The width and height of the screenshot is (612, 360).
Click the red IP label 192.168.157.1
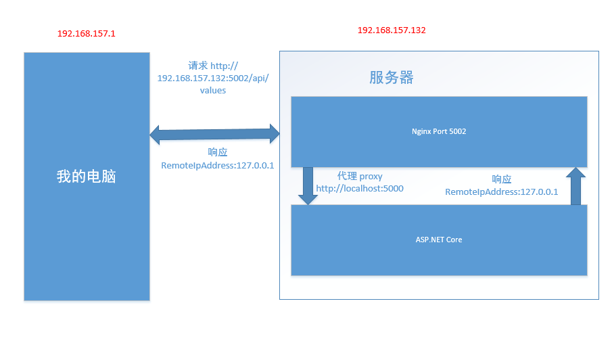point(87,34)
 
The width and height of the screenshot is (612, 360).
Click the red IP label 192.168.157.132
point(392,30)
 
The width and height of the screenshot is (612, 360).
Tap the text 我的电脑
point(87,177)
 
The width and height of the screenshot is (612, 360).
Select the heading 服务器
point(392,77)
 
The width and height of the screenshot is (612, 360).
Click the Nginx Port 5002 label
point(439,131)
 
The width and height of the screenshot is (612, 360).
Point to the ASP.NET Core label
point(439,240)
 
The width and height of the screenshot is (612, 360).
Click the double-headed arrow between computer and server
point(214,134)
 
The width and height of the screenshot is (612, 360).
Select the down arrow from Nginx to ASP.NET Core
point(308,186)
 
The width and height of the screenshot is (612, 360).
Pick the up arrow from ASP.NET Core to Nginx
point(575,186)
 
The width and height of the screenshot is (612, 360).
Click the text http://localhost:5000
point(360,189)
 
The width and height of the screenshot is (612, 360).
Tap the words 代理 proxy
point(360,177)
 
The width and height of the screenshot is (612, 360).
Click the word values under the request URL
point(213,91)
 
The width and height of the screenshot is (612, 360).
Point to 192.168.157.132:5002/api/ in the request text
point(213,78)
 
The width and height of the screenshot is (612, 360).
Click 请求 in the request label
point(198,66)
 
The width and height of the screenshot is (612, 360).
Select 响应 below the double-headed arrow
point(217,152)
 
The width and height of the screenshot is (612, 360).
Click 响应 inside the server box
point(502,179)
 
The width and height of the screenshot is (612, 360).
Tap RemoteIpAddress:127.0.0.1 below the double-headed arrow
point(217,166)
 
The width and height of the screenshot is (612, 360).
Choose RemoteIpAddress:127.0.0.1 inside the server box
point(502,192)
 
